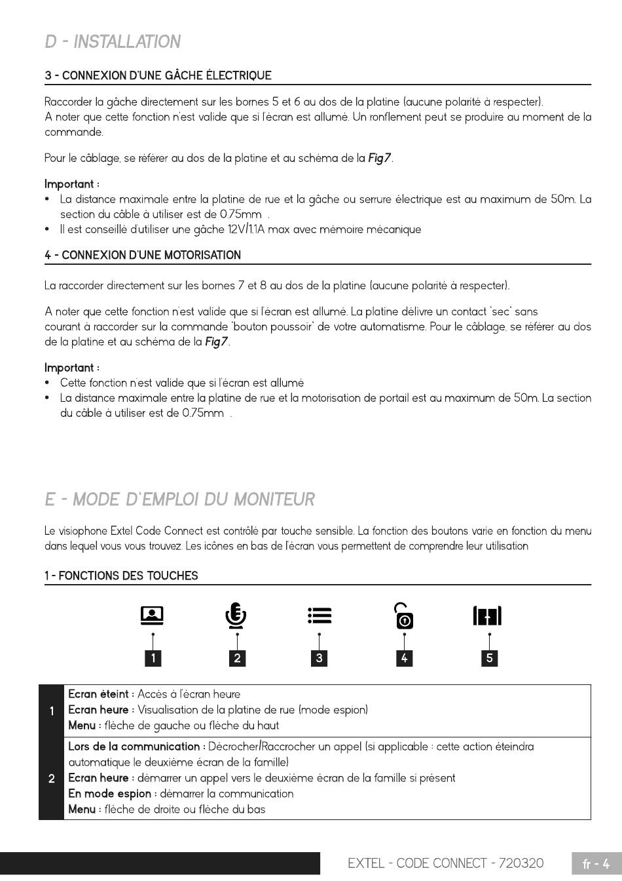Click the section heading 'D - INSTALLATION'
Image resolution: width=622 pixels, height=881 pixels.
(x=113, y=42)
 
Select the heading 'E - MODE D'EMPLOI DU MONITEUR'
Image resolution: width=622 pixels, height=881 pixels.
(x=179, y=499)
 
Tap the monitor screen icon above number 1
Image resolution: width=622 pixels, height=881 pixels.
(x=152, y=616)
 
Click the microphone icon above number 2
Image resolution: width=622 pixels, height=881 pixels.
(x=236, y=616)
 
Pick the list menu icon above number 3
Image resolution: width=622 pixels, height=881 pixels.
(x=319, y=616)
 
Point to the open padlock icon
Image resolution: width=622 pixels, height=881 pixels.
(x=404, y=616)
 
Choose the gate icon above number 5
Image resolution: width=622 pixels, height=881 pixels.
(x=487, y=616)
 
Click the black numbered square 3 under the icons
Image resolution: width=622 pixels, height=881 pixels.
(x=319, y=657)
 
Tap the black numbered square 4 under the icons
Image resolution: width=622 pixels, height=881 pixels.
(x=404, y=657)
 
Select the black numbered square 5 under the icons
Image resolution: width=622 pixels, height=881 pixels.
(x=489, y=657)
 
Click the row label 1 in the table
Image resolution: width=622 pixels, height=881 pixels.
(x=52, y=710)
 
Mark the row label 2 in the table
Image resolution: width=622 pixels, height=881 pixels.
(x=52, y=778)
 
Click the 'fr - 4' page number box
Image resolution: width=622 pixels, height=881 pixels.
(x=596, y=864)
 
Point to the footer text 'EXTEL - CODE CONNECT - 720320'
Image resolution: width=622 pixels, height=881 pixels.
(x=445, y=863)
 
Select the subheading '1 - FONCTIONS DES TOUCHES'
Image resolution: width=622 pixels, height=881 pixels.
(x=121, y=576)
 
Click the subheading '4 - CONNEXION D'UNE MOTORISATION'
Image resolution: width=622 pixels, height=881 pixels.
(x=143, y=255)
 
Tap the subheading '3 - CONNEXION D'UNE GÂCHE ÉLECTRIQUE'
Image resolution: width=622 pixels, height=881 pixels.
(x=158, y=75)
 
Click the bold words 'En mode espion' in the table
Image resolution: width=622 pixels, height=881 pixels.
(x=110, y=794)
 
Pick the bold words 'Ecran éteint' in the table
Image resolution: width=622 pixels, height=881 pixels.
(x=101, y=694)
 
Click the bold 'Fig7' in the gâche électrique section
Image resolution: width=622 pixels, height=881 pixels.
(x=380, y=158)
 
